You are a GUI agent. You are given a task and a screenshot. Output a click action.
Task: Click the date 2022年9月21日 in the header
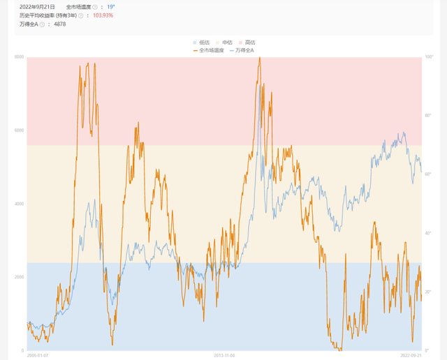coord(38,6)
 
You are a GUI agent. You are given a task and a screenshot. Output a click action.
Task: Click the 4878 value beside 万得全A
coord(60,24)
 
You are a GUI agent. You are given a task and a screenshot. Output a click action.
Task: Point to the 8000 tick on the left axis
coord(18,57)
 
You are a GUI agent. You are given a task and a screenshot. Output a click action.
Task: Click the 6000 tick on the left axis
coord(18,130)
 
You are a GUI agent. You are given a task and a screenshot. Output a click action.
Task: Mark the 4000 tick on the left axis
coord(18,204)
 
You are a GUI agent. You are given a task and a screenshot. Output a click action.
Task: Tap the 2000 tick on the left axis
coord(18,277)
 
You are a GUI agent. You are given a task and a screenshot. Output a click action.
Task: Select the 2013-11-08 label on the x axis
coord(226,355)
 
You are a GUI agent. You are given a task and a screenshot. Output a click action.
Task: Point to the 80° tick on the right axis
coord(427,115)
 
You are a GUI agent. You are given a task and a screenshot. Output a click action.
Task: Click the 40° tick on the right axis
coord(427,233)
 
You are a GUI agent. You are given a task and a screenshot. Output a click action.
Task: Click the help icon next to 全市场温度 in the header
coord(95,6)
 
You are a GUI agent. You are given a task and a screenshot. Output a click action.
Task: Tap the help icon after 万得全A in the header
coord(42,24)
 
